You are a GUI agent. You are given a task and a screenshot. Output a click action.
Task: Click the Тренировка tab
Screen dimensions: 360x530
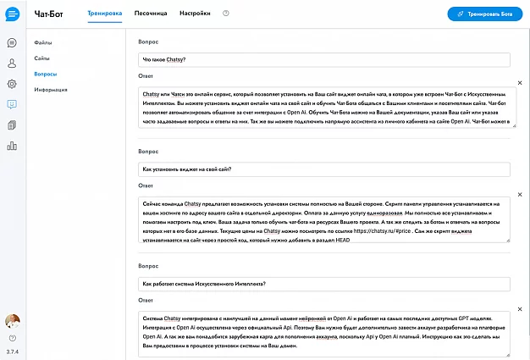105,14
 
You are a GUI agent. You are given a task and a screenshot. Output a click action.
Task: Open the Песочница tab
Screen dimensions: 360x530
151,14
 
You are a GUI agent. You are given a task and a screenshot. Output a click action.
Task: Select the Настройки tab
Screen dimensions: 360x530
196,14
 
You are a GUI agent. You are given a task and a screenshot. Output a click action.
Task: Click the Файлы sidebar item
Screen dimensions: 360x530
43,42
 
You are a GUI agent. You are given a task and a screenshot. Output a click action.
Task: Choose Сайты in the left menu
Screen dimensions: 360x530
42,58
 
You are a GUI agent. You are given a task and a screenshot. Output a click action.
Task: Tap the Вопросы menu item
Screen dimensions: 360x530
46,74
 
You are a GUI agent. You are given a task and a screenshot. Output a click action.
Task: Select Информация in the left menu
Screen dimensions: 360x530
51,90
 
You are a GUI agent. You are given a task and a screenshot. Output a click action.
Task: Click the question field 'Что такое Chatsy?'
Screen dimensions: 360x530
323,60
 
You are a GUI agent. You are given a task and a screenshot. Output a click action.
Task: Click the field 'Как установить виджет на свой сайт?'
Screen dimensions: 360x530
323,169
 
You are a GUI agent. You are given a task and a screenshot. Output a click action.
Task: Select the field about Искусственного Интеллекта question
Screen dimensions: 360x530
323,283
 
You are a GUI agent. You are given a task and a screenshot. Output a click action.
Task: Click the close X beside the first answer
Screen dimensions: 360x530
520,83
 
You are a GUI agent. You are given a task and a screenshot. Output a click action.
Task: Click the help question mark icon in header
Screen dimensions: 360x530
226,14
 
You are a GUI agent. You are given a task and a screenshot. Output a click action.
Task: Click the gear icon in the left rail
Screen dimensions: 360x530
12,84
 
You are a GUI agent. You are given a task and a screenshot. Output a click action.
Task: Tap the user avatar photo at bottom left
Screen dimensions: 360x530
12,322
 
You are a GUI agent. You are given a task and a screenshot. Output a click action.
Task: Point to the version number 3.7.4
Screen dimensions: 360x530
12,350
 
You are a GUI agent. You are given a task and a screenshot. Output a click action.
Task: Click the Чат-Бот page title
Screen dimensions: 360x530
49,14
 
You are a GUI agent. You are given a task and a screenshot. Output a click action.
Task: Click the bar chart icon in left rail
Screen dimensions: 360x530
12,146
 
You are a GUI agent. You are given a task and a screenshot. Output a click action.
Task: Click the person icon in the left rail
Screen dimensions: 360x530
12,64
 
